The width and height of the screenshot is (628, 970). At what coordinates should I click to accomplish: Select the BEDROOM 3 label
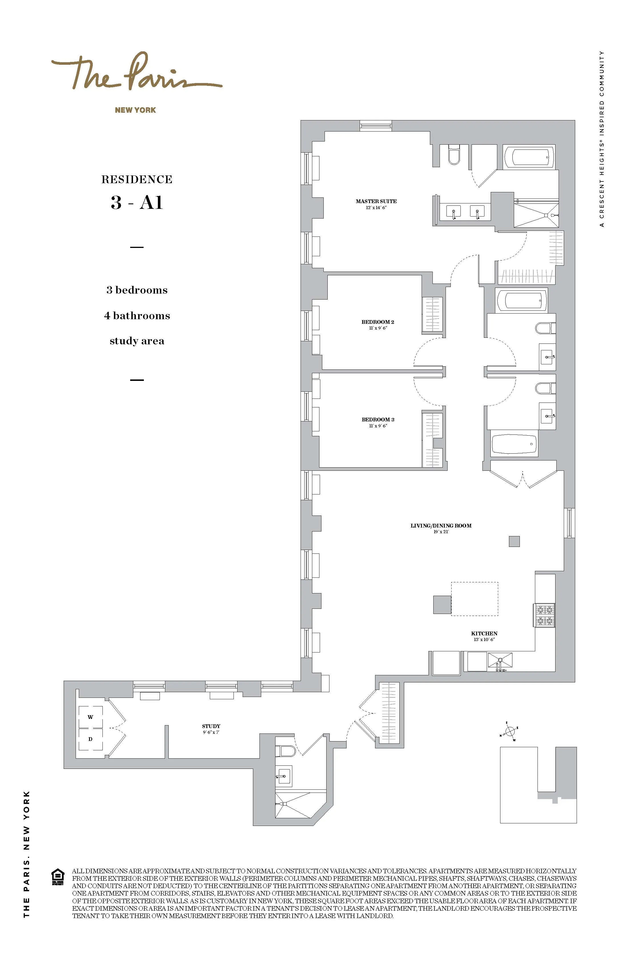click(378, 419)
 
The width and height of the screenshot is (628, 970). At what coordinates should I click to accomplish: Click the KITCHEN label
click(484, 633)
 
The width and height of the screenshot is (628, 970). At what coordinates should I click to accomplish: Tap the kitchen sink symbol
click(500, 661)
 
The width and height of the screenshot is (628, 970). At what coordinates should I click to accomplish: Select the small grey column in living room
click(514, 541)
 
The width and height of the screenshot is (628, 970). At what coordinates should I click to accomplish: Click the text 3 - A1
click(137, 202)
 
